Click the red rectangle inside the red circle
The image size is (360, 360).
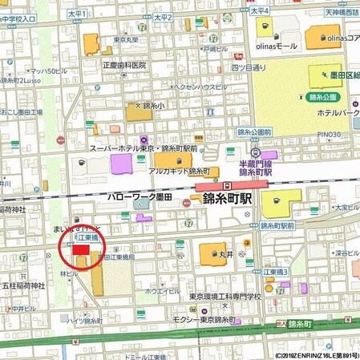(82, 250)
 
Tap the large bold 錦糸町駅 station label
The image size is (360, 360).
(228, 198)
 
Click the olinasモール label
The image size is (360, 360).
(277, 47)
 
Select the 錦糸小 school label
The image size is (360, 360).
(152, 105)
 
